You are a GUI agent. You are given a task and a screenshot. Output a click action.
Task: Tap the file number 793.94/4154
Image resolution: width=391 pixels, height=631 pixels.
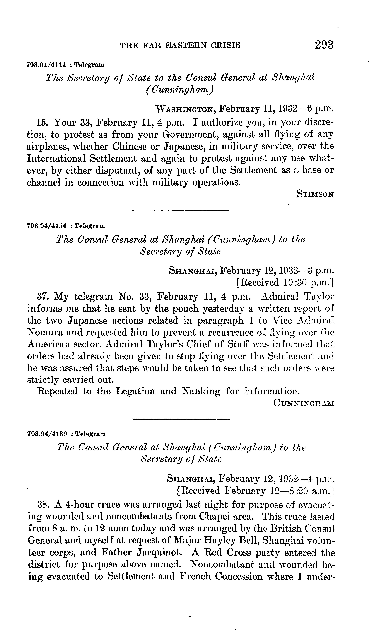tap(47, 226)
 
